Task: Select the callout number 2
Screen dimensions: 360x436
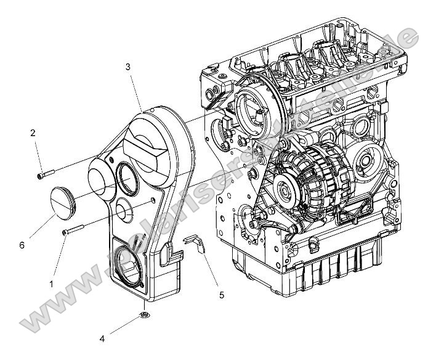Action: [33, 132]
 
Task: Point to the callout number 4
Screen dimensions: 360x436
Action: [103, 337]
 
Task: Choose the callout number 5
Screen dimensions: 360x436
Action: [222, 295]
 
